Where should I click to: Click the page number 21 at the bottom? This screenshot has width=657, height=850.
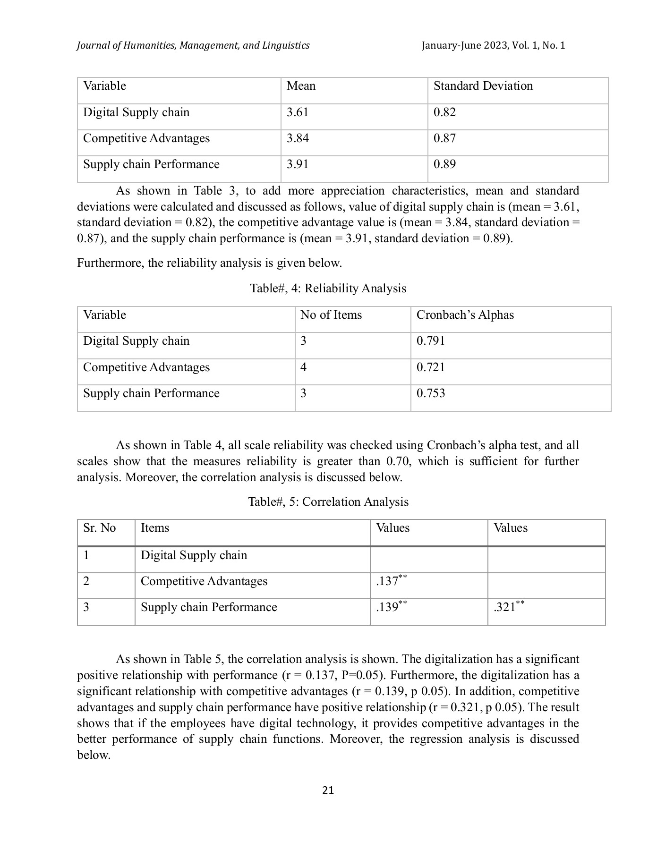[328, 790]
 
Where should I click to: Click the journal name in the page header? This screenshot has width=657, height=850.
[193, 45]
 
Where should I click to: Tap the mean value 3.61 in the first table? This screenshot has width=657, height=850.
[298, 112]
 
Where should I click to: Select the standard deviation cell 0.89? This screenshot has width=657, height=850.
[444, 164]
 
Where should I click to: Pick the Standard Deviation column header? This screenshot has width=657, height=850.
[483, 86]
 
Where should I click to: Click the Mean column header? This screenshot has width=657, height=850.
[301, 86]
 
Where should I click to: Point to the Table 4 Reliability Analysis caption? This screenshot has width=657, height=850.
[328, 289]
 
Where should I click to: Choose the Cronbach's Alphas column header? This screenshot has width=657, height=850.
[465, 315]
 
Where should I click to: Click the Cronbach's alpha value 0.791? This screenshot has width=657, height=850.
[430, 341]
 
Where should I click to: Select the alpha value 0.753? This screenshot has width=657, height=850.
[430, 393]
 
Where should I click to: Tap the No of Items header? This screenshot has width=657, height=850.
[331, 315]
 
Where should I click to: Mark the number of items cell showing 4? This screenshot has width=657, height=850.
[303, 367]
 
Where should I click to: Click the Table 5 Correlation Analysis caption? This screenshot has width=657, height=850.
[328, 501]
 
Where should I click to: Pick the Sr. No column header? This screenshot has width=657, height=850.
[99, 528]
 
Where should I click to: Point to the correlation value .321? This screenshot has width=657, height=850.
[505, 607]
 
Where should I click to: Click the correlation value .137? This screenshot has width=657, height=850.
[387, 581]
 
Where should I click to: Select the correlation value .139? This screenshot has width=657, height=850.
[387, 607]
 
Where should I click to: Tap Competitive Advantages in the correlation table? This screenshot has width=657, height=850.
[204, 581]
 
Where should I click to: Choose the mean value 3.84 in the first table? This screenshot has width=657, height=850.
[298, 138]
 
